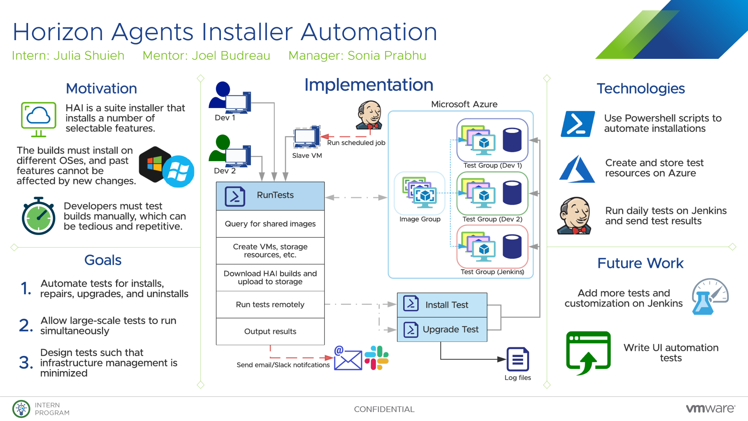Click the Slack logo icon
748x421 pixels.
coord(377,358)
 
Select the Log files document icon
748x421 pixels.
coord(518,359)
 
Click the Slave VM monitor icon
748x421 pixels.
coord(307,137)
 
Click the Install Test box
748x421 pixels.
coord(442,305)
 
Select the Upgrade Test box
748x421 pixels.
coord(442,329)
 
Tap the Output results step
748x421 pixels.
coord(270,331)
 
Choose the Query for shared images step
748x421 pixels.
coord(270,224)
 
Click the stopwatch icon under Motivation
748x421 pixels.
coord(39,216)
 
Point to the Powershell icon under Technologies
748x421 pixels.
coord(577,124)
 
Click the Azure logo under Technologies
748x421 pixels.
coord(577,169)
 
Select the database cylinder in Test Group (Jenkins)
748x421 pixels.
coord(512,247)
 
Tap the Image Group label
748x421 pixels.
coord(420,219)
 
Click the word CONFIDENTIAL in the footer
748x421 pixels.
coord(384,409)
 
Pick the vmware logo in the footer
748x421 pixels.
coord(710,409)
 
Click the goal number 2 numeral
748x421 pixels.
coord(26,325)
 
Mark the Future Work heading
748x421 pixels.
coord(640,263)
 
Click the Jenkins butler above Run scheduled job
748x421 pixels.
coord(369,115)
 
